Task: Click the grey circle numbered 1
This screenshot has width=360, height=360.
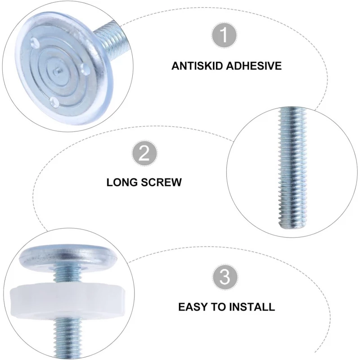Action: [x=224, y=35]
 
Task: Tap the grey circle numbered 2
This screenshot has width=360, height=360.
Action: [x=144, y=153]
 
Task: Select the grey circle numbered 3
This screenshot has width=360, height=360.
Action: [x=225, y=276]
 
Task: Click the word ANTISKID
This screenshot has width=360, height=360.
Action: [x=197, y=66]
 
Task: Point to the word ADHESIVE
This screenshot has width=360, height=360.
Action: [x=254, y=66]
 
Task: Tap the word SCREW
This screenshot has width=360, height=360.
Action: [x=161, y=182]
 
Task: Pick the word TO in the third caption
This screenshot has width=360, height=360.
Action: [x=218, y=307]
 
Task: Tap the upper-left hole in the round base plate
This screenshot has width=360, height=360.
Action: [x=35, y=42]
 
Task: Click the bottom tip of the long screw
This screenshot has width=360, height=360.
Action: [x=293, y=226]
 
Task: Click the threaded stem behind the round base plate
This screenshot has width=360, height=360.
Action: [x=112, y=39]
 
